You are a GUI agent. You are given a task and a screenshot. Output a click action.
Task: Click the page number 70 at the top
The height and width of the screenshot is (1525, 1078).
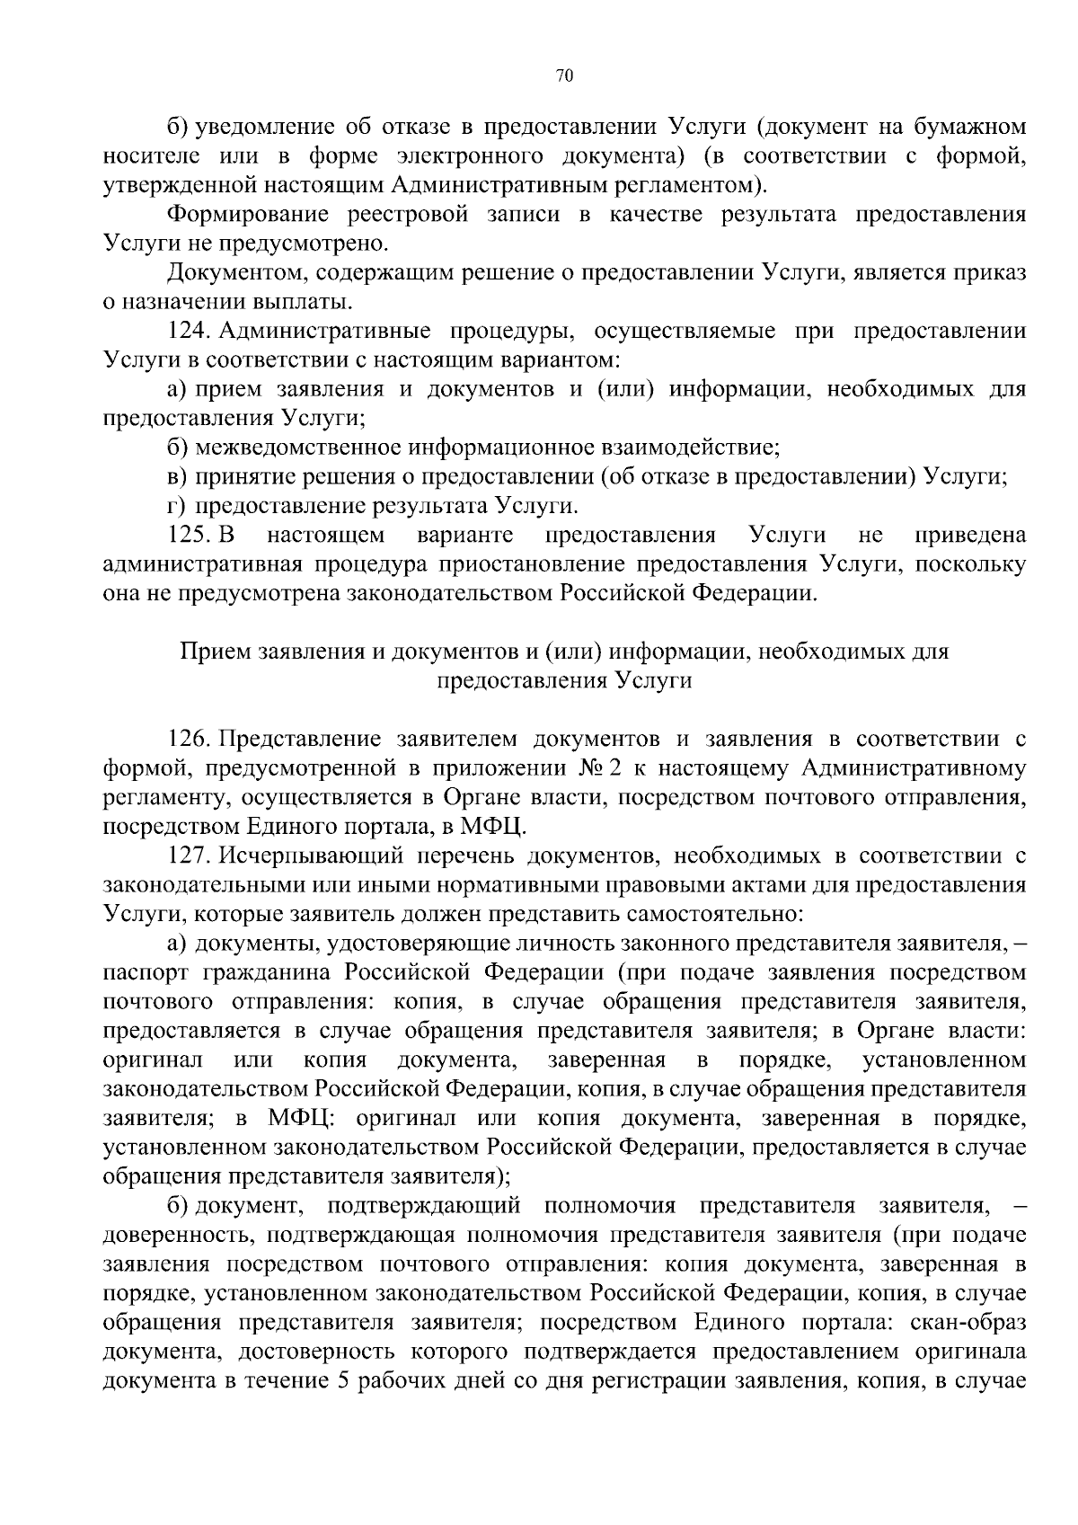tap(564, 76)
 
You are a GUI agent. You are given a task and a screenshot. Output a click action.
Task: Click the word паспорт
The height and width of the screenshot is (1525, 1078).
tap(145, 972)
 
